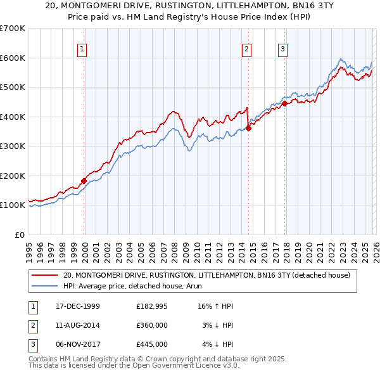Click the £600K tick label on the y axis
(x=13, y=58)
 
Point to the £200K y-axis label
(x=13, y=176)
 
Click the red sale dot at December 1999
(x=84, y=181)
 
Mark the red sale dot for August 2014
(x=248, y=128)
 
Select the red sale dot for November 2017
(x=284, y=103)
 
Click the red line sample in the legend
(x=45, y=275)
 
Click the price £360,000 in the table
(x=152, y=325)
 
